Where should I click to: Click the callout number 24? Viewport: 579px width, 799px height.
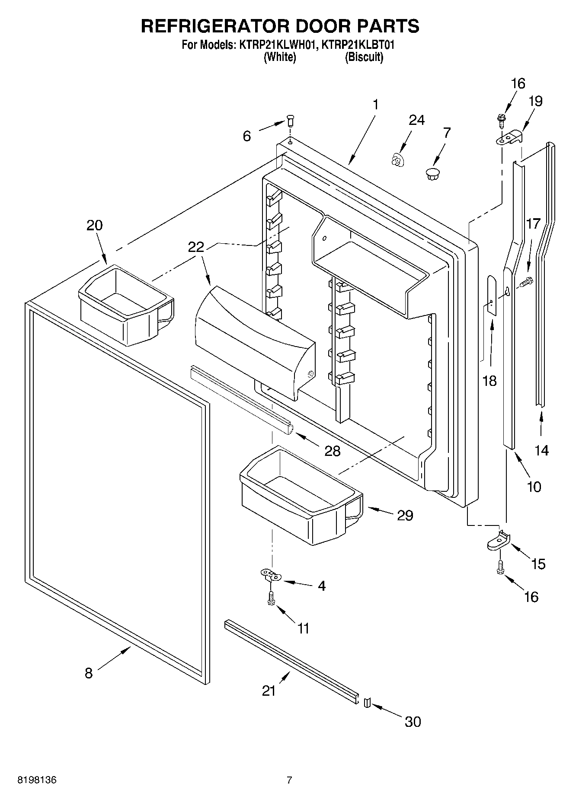tap(416, 120)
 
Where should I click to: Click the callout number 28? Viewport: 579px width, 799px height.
tap(333, 451)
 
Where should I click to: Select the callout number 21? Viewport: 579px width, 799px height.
tap(269, 691)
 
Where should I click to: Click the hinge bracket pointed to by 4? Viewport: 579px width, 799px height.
tap(271, 575)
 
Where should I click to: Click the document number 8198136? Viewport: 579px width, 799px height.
tap(37, 780)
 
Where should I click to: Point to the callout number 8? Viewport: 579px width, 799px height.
tap(89, 673)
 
